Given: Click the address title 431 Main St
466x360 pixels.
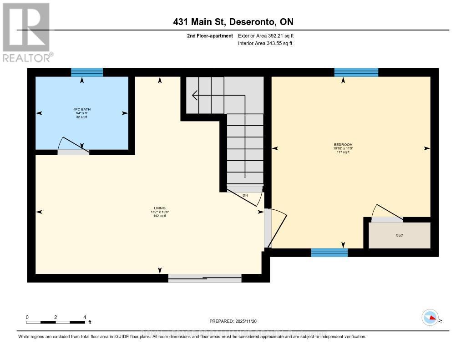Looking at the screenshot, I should (x=233, y=22).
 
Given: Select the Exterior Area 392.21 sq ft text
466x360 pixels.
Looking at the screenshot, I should (x=269, y=35).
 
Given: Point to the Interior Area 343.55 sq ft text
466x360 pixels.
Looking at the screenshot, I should (x=265, y=44).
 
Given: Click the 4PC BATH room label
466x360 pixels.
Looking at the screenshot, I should (x=82, y=112).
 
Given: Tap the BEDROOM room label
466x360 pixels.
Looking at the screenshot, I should (x=343, y=148).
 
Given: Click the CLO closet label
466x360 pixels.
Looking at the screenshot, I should (x=400, y=235).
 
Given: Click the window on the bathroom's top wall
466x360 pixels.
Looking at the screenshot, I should (x=87, y=72).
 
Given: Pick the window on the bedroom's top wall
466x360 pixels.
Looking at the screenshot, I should (x=356, y=72).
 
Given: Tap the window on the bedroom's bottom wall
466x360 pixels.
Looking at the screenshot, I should (x=329, y=253).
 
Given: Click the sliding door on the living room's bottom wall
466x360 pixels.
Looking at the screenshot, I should (x=205, y=278).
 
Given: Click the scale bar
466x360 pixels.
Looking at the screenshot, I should (x=56, y=322).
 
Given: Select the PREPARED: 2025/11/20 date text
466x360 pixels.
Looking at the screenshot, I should (x=233, y=321).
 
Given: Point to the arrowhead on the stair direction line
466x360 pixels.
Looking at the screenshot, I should (x=195, y=96).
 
